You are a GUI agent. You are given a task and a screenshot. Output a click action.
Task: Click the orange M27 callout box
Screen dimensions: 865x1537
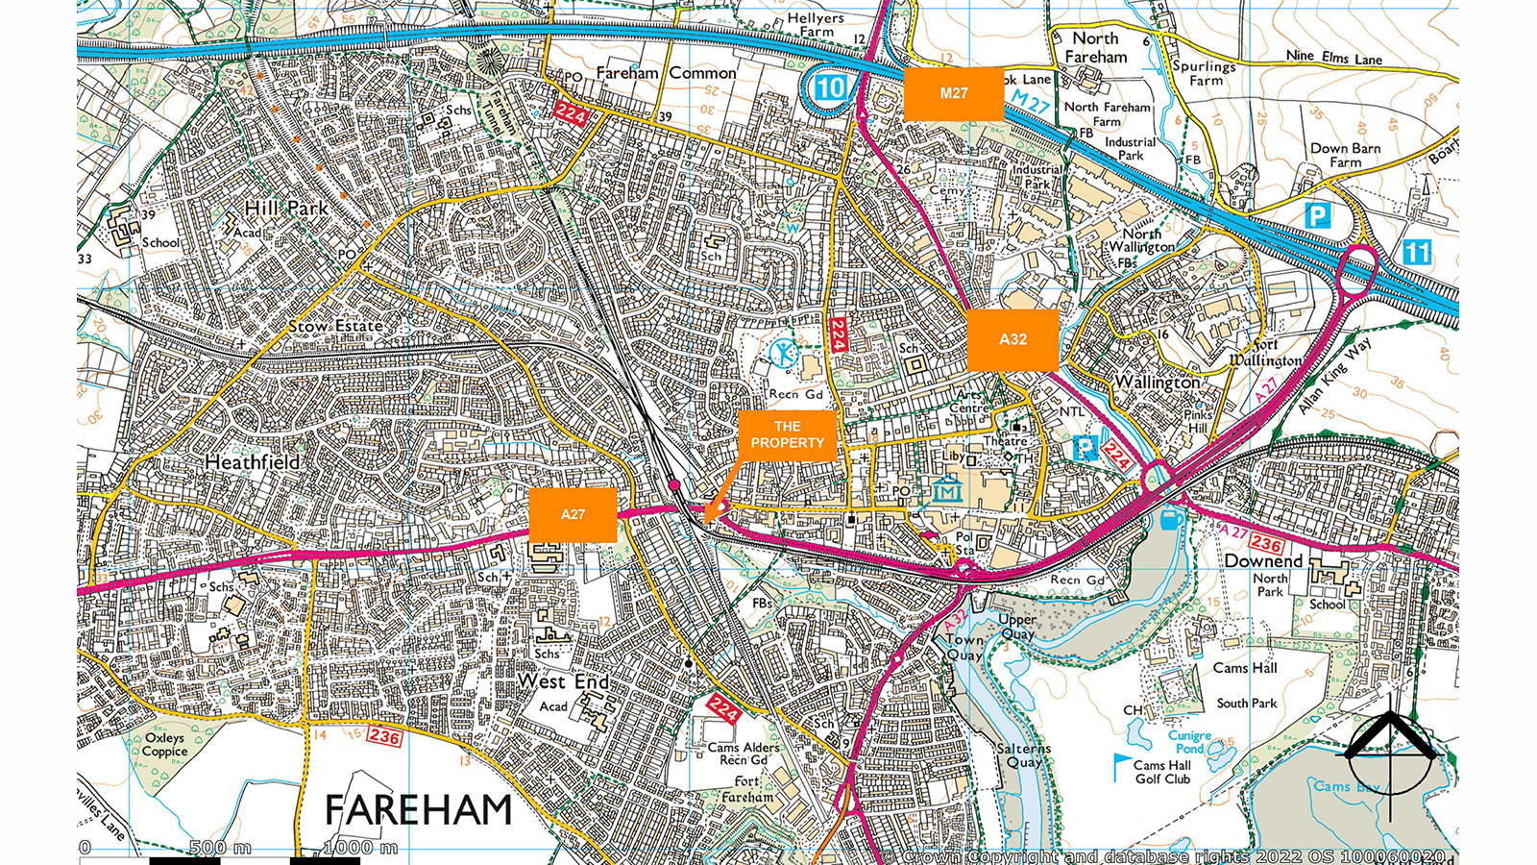point(953,93)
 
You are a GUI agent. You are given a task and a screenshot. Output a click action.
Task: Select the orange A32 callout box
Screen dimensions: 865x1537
point(1012,339)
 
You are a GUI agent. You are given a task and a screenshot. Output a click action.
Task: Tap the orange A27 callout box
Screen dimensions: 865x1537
point(573,514)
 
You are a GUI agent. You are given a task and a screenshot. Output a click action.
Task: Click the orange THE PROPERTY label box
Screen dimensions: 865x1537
point(788,434)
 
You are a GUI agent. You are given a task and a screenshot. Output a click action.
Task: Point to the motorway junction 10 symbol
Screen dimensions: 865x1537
point(829,88)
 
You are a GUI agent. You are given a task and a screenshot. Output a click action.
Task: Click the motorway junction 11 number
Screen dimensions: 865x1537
point(1417,253)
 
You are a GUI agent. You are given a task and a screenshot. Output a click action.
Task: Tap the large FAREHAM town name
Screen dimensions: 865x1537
point(418,810)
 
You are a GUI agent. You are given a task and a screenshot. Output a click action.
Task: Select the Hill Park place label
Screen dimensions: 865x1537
point(285,208)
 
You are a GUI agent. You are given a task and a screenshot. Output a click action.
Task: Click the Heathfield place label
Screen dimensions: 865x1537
point(252,462)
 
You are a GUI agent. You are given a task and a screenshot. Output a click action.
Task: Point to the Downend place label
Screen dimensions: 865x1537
point(1263,560)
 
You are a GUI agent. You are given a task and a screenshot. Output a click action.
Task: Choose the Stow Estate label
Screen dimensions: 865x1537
point(335,327)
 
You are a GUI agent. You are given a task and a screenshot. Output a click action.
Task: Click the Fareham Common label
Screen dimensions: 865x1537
point(666,73)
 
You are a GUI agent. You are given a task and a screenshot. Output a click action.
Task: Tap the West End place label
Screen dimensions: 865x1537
point(563,681)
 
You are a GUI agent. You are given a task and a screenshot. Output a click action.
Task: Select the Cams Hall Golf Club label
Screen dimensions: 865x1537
point(1162,772)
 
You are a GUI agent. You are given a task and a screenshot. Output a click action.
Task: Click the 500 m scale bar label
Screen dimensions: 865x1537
point(220,847)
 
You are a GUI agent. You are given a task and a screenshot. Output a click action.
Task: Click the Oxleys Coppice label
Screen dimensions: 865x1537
point(164,745)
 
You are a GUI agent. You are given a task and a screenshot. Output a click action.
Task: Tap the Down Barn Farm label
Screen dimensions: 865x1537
point(1345,155)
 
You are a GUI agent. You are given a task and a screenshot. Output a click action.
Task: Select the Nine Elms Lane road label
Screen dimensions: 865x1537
point(1333,58)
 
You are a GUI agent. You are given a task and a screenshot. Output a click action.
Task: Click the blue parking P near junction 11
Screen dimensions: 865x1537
point(1317,215)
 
